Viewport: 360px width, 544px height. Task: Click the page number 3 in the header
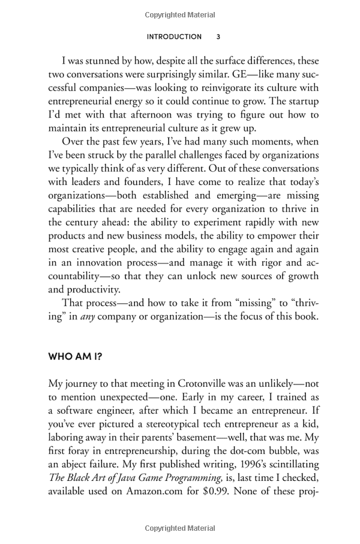(x=218, y=37)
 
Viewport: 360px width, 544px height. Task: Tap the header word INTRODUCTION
(x=174, y=37)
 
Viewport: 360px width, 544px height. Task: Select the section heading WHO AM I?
(x=75, y=355)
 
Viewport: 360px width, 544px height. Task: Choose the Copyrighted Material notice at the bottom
(x=179, y=528)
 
